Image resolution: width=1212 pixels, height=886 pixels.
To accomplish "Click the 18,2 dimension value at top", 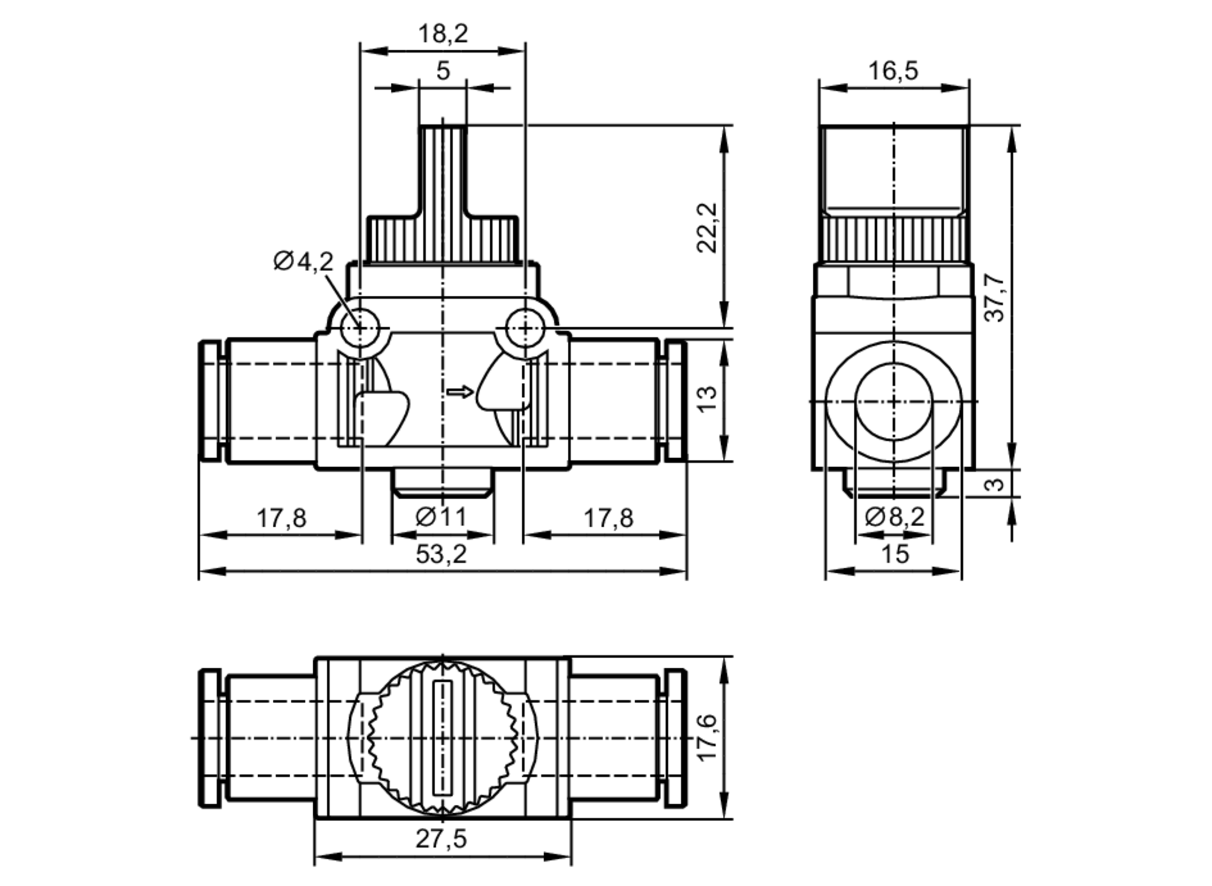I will point(443,34).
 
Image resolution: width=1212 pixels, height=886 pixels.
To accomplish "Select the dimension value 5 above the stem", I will point(443,71).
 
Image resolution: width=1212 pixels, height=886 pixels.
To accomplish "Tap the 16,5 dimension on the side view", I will point(893,71).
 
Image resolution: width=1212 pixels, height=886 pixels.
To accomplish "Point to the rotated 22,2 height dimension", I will point(707,227).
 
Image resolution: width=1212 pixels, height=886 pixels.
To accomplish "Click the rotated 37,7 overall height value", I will point(994,298).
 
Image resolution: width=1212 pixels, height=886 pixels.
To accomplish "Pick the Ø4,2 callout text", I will point(303,261).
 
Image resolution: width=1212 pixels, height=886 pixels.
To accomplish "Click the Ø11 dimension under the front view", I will point(441,517).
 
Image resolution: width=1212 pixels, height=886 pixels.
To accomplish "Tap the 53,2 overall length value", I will point(441,554).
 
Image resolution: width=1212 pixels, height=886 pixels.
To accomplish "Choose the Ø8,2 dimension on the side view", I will point(894,517).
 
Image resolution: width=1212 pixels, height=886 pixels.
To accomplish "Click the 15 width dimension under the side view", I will point(894,554).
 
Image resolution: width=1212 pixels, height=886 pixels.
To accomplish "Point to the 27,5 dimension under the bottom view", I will point(441,839).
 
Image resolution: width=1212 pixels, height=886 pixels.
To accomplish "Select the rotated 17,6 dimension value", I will point(707,737).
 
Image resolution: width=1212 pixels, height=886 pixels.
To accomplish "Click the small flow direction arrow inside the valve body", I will point(459,392).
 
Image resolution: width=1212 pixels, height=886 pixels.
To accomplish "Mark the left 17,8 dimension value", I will point(281,519).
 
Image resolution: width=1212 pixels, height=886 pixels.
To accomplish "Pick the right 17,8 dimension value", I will point(608,519).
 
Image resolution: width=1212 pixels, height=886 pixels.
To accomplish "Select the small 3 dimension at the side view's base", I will point(995,484).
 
